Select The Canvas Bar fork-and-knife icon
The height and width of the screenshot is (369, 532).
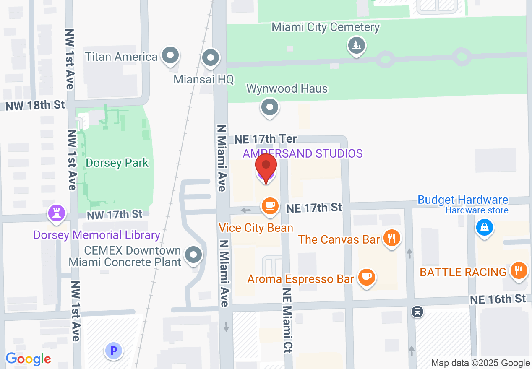pos(391,239)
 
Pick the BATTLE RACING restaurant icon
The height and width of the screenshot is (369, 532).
pos(519,270)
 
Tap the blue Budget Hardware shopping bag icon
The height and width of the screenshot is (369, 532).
pos(484,228)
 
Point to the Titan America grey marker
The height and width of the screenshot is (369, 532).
pos(170,55)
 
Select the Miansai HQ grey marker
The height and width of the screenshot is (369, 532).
pos(211,57)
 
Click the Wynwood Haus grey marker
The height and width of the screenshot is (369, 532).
pos(270,107)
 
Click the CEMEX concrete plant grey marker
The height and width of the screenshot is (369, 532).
pos(193,255)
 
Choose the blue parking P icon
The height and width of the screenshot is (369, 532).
pos(113,350)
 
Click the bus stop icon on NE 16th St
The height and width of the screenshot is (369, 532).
pos(417,312)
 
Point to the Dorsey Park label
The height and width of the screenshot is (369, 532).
pos(117,163)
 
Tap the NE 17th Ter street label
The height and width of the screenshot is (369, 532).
pos(265,139)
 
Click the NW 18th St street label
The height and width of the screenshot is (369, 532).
pos(35,105)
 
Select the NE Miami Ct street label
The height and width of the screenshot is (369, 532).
pos(287,320)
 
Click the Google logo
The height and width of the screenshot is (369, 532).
pos(28,359)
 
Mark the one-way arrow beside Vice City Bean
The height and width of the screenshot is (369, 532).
pos(246,210)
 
